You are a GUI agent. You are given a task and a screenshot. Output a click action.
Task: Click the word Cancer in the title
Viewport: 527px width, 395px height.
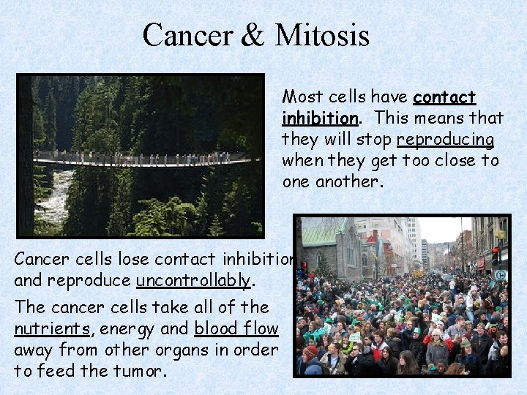(x=184, y=35)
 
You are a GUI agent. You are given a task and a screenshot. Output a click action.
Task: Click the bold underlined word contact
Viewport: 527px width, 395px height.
(x=444, y=97)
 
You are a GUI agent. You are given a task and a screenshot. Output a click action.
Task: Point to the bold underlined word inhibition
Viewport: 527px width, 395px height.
(x=320, y=118)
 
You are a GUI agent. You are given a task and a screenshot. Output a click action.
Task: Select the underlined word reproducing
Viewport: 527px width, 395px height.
(x=445, y=140)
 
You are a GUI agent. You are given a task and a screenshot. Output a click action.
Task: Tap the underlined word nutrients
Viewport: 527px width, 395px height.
(x=49, y=329)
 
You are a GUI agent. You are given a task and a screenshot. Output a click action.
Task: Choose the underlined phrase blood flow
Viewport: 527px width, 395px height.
(x=236, y=329)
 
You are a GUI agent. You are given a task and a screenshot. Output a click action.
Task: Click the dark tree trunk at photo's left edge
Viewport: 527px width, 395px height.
(x=26, y=154)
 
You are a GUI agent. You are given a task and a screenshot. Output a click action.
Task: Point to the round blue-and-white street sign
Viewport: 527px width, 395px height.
(x=501, y=275)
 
